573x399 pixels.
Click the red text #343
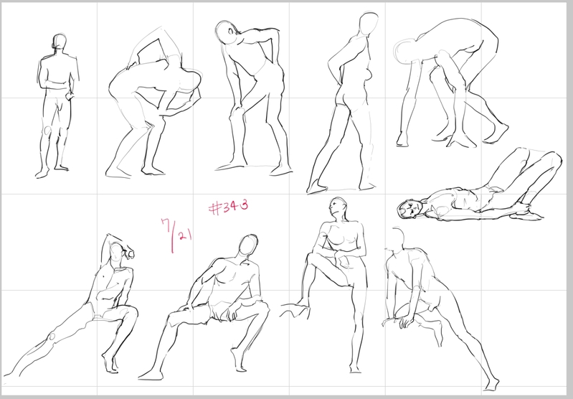coord(228,207)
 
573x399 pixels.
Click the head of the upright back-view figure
coord(60,42)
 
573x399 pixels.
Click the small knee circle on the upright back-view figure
coord(48,130)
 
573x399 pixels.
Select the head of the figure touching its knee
coord(224,32)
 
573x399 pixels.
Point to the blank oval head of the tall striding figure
coord(369,24)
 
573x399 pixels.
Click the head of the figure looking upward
coord(336,208)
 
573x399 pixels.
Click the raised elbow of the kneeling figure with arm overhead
coord(108,237)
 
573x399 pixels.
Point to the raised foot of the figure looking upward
coord(295,309)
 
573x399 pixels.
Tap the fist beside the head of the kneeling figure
coord(129,253)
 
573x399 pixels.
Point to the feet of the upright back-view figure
coord(52,172)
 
